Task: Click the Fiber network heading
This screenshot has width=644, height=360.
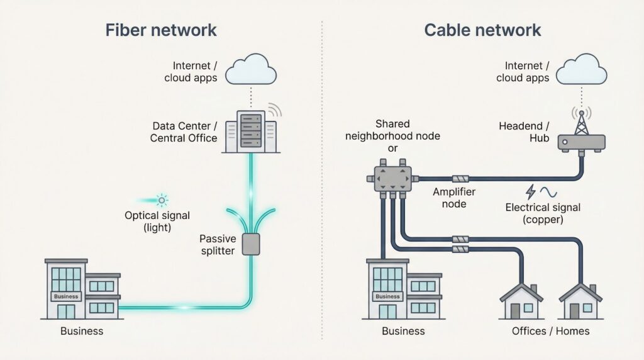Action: (161, 30)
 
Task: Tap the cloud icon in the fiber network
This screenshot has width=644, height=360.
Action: (251, 70)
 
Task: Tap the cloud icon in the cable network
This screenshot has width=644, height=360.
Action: (582, 70)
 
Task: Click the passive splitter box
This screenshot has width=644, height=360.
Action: (251, 244)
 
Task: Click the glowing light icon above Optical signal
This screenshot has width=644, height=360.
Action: (162, 201)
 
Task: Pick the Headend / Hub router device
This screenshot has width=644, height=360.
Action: (582, 142)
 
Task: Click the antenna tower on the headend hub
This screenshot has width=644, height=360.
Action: (582, 121)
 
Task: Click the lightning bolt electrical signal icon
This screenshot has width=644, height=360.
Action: (531, 191)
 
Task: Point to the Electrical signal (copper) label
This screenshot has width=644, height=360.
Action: (543, 214)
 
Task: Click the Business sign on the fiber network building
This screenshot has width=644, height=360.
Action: (67, 296)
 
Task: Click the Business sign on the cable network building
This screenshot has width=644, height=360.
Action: (388, 296)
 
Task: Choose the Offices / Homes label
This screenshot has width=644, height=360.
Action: (551, 330)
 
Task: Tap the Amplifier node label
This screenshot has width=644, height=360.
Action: (454, 198)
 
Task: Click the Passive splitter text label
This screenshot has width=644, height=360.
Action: (218, 244)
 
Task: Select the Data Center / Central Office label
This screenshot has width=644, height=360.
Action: (184, 132)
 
